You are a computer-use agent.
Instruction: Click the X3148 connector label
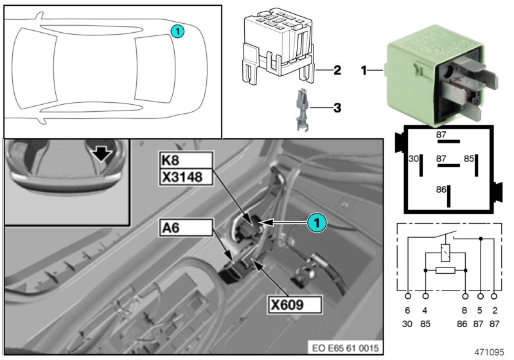186,175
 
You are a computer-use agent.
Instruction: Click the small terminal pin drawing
302,111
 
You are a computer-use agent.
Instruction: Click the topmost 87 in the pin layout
441,134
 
